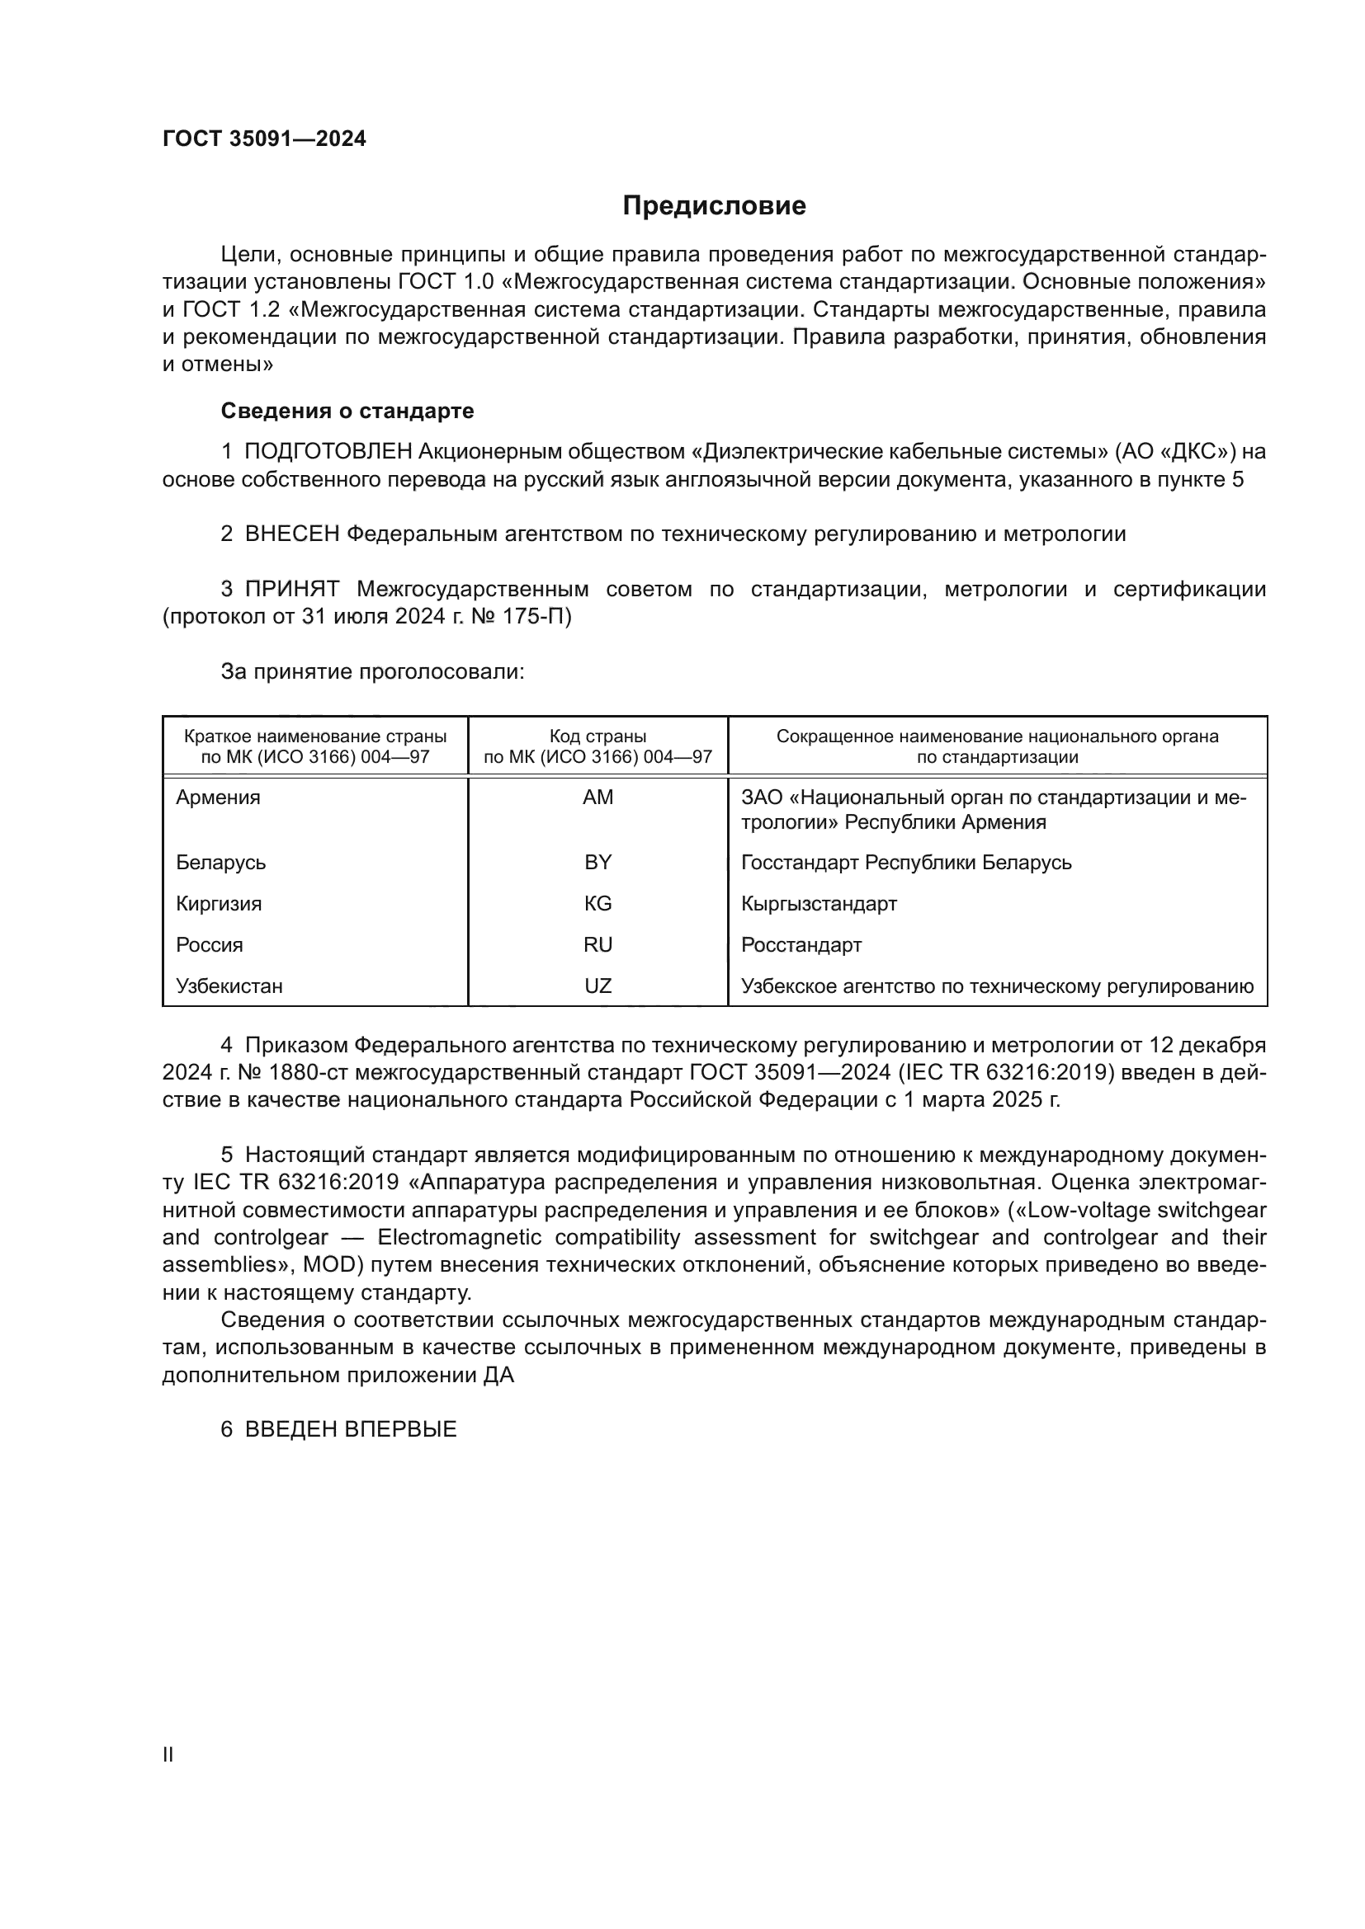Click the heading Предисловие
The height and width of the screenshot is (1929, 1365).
[714, 206]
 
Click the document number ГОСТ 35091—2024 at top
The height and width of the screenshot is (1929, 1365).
[264, 139]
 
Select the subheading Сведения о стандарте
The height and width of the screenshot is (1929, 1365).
[347, 411]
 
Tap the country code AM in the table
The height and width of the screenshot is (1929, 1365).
[597, 797]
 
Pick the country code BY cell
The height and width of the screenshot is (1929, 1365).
[597, 862]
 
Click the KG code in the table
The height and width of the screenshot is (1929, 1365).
[597, 903]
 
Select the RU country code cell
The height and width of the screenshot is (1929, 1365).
[597, 944]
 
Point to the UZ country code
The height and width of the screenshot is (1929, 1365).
[597, 986]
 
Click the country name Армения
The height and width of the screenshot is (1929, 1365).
[218, 797]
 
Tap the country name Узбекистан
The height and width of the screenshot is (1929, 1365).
[229, 986]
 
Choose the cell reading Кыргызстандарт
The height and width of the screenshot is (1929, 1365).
[819, 904]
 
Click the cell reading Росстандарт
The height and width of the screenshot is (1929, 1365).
[801, 945]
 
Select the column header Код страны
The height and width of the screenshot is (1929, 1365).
[597, 736]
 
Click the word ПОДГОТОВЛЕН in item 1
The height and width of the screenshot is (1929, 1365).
[328, 452]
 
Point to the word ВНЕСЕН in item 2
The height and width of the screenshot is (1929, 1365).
[291, 534]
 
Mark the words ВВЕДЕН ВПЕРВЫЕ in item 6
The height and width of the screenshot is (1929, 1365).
[351, 1429]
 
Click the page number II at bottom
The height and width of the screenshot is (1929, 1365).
[168, 1754]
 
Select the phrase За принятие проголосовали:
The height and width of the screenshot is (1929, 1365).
[372, 672]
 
